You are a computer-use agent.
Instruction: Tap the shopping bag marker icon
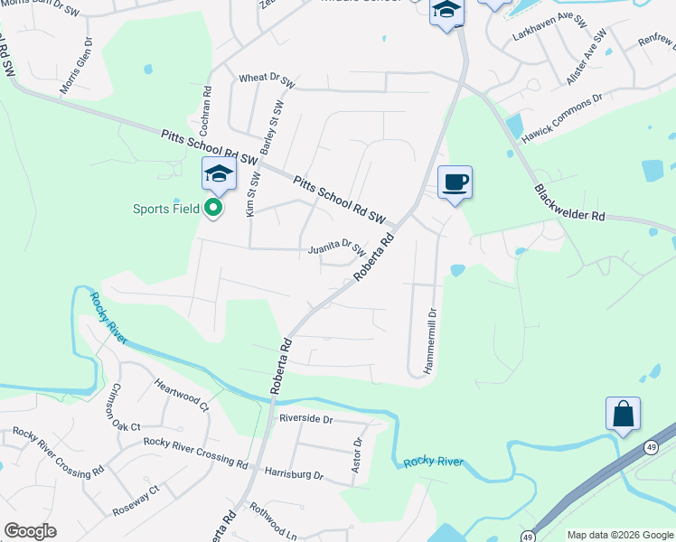pyautogui.click(x=623, y=415)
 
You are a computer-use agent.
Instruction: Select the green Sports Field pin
pyautogui.click(x=213, y=209)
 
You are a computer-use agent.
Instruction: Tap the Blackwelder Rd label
pyautogui.click(x=569, y=204)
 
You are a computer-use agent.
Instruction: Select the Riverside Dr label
pyautogui.click(x=306, y=419)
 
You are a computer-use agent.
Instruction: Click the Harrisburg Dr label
pyautogui.click(x=294, y=472)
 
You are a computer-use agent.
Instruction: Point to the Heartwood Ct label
pyautogui.click(x=181, y=396)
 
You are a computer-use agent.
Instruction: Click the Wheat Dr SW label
pyautogui.click(x=267, y=79)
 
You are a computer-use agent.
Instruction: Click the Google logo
pyautogui.click(x=30, y=531)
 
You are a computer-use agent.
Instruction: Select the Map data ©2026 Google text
pyautogui.click(x=619, y=535)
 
